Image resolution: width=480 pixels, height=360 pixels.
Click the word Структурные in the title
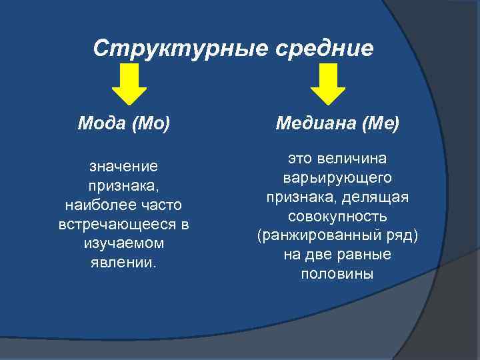click(168, 48)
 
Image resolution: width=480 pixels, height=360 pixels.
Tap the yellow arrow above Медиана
click(329, 85)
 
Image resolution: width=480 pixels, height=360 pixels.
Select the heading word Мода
click(99, 123)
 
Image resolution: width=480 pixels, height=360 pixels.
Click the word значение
click(123, 164)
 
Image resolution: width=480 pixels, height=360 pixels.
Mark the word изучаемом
click(123, 243)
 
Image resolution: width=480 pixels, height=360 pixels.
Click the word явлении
click(123, 262)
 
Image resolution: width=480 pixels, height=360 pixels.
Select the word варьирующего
click(337, 178)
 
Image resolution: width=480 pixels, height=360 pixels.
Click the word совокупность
click(337, 217)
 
